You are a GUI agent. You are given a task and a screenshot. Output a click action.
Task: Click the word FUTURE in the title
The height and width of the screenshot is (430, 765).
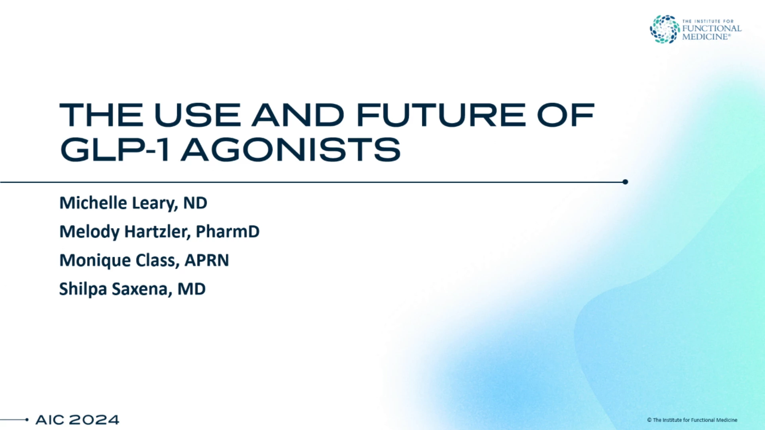pyautogui.click(x=441, y=115)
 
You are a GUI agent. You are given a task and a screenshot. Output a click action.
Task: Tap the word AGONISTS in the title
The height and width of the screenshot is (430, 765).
pyautogui.click(x=290, y=150)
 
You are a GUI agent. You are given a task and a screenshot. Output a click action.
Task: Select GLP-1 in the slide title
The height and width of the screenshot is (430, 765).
pyautogui.click(x=115, y=150)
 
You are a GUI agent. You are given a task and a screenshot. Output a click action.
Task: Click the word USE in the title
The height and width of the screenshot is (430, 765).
pyautogui.click(x=197, y=115)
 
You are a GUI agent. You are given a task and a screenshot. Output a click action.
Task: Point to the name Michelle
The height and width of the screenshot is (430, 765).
pyautogui.click(x=93, y=203)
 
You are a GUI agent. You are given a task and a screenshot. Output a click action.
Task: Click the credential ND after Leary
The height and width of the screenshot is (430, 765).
pyautogui.click(x=195, y=203)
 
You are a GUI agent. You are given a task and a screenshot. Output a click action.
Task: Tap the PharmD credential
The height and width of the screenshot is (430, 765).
pyautogui.click(x=228, y=232)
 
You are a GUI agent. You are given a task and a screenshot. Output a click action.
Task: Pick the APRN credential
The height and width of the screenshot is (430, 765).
pyautogui.click(x=207, y=260)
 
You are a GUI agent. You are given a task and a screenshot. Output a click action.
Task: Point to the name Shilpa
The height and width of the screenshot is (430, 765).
pyautogui.click(x=83, y=289)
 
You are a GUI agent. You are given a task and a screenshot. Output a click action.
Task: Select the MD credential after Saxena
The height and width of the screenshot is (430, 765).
pyautogui.click(x=192, y=289)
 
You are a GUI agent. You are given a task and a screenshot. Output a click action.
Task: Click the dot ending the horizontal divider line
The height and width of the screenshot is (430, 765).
pyautogui.click(x=625, y=182)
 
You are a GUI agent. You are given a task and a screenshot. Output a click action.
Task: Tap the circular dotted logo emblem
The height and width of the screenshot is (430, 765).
pyautogui.click(x=665, y=29)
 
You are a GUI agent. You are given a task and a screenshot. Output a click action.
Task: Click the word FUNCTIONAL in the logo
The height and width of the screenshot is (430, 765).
pyautogui.click(x=712, y=29)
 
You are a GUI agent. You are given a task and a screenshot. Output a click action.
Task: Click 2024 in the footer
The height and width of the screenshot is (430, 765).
pyautogui.click(x=94, y=420)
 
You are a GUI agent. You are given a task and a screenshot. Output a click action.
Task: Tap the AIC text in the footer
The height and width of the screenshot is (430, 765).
pyautogui.click(x=50, y=420)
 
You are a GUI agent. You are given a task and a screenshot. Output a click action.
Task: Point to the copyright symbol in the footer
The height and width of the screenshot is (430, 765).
pyautogui.click(x=649, y=420)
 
